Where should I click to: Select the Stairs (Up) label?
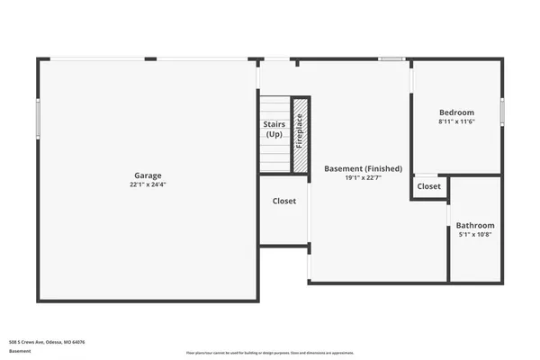coord(274,129)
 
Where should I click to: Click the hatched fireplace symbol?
coord(301,135)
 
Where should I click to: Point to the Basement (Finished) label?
coord(356,168)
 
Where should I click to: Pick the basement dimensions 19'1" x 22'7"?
coord(356,177)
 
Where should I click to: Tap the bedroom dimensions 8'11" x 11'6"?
coord(456,121)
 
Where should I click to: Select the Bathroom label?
coord(474,225)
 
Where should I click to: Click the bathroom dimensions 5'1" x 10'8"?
coord(474,235)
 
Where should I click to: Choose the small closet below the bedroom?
coord(429,186)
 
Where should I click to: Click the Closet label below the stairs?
coord(284,201)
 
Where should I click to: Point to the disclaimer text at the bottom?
coord(270,352)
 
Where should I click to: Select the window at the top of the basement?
coord(391,59)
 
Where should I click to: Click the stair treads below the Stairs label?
coord(274,156)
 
